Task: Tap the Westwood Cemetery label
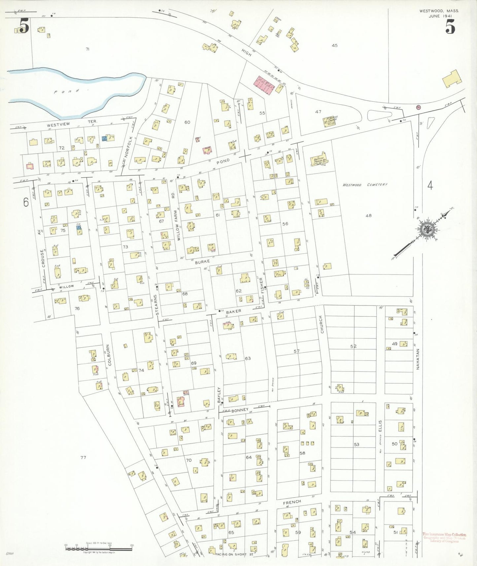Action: [x=365, y=185]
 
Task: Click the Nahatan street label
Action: [x=417, y=359]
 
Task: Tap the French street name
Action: [x=292, y=502]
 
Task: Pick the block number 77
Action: [x=83, y=457]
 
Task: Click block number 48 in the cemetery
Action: [x=368, y=216]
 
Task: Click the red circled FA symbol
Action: [x=419, y=107]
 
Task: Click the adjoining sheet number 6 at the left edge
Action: [x=26, y=202]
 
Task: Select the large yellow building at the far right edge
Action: [x=452, y=79]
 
